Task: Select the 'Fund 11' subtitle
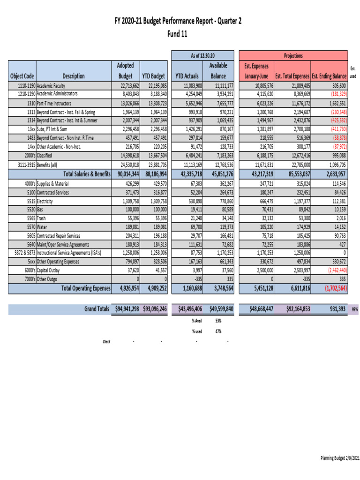(x=180, y=34)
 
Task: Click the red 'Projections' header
(x=293, y=55)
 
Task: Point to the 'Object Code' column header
(x=22, y=76)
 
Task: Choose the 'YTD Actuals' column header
(x=187, y=76)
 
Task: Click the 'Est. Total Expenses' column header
(x=292, y=76)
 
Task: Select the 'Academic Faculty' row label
(x=51, y=86)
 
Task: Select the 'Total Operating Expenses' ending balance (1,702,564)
(x=330, y=288)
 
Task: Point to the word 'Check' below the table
(x=106, y=341)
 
